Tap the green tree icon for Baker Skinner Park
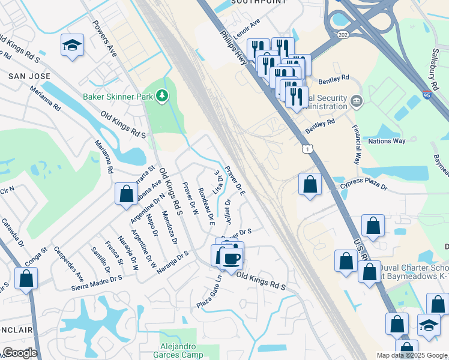[x=161, y=95]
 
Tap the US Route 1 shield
[x=307, y=148]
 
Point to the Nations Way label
[x=387, y=141]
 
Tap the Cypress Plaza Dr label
[x=364, y=187]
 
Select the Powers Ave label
[x=104, y=38]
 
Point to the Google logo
[x=20, y=353]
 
